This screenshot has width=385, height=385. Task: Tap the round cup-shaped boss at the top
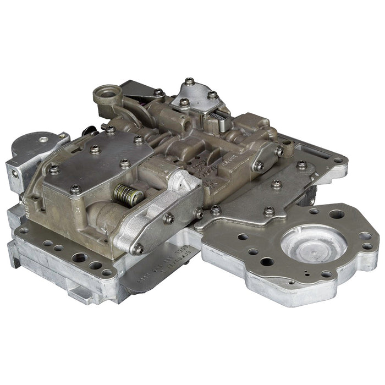point(107,93)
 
